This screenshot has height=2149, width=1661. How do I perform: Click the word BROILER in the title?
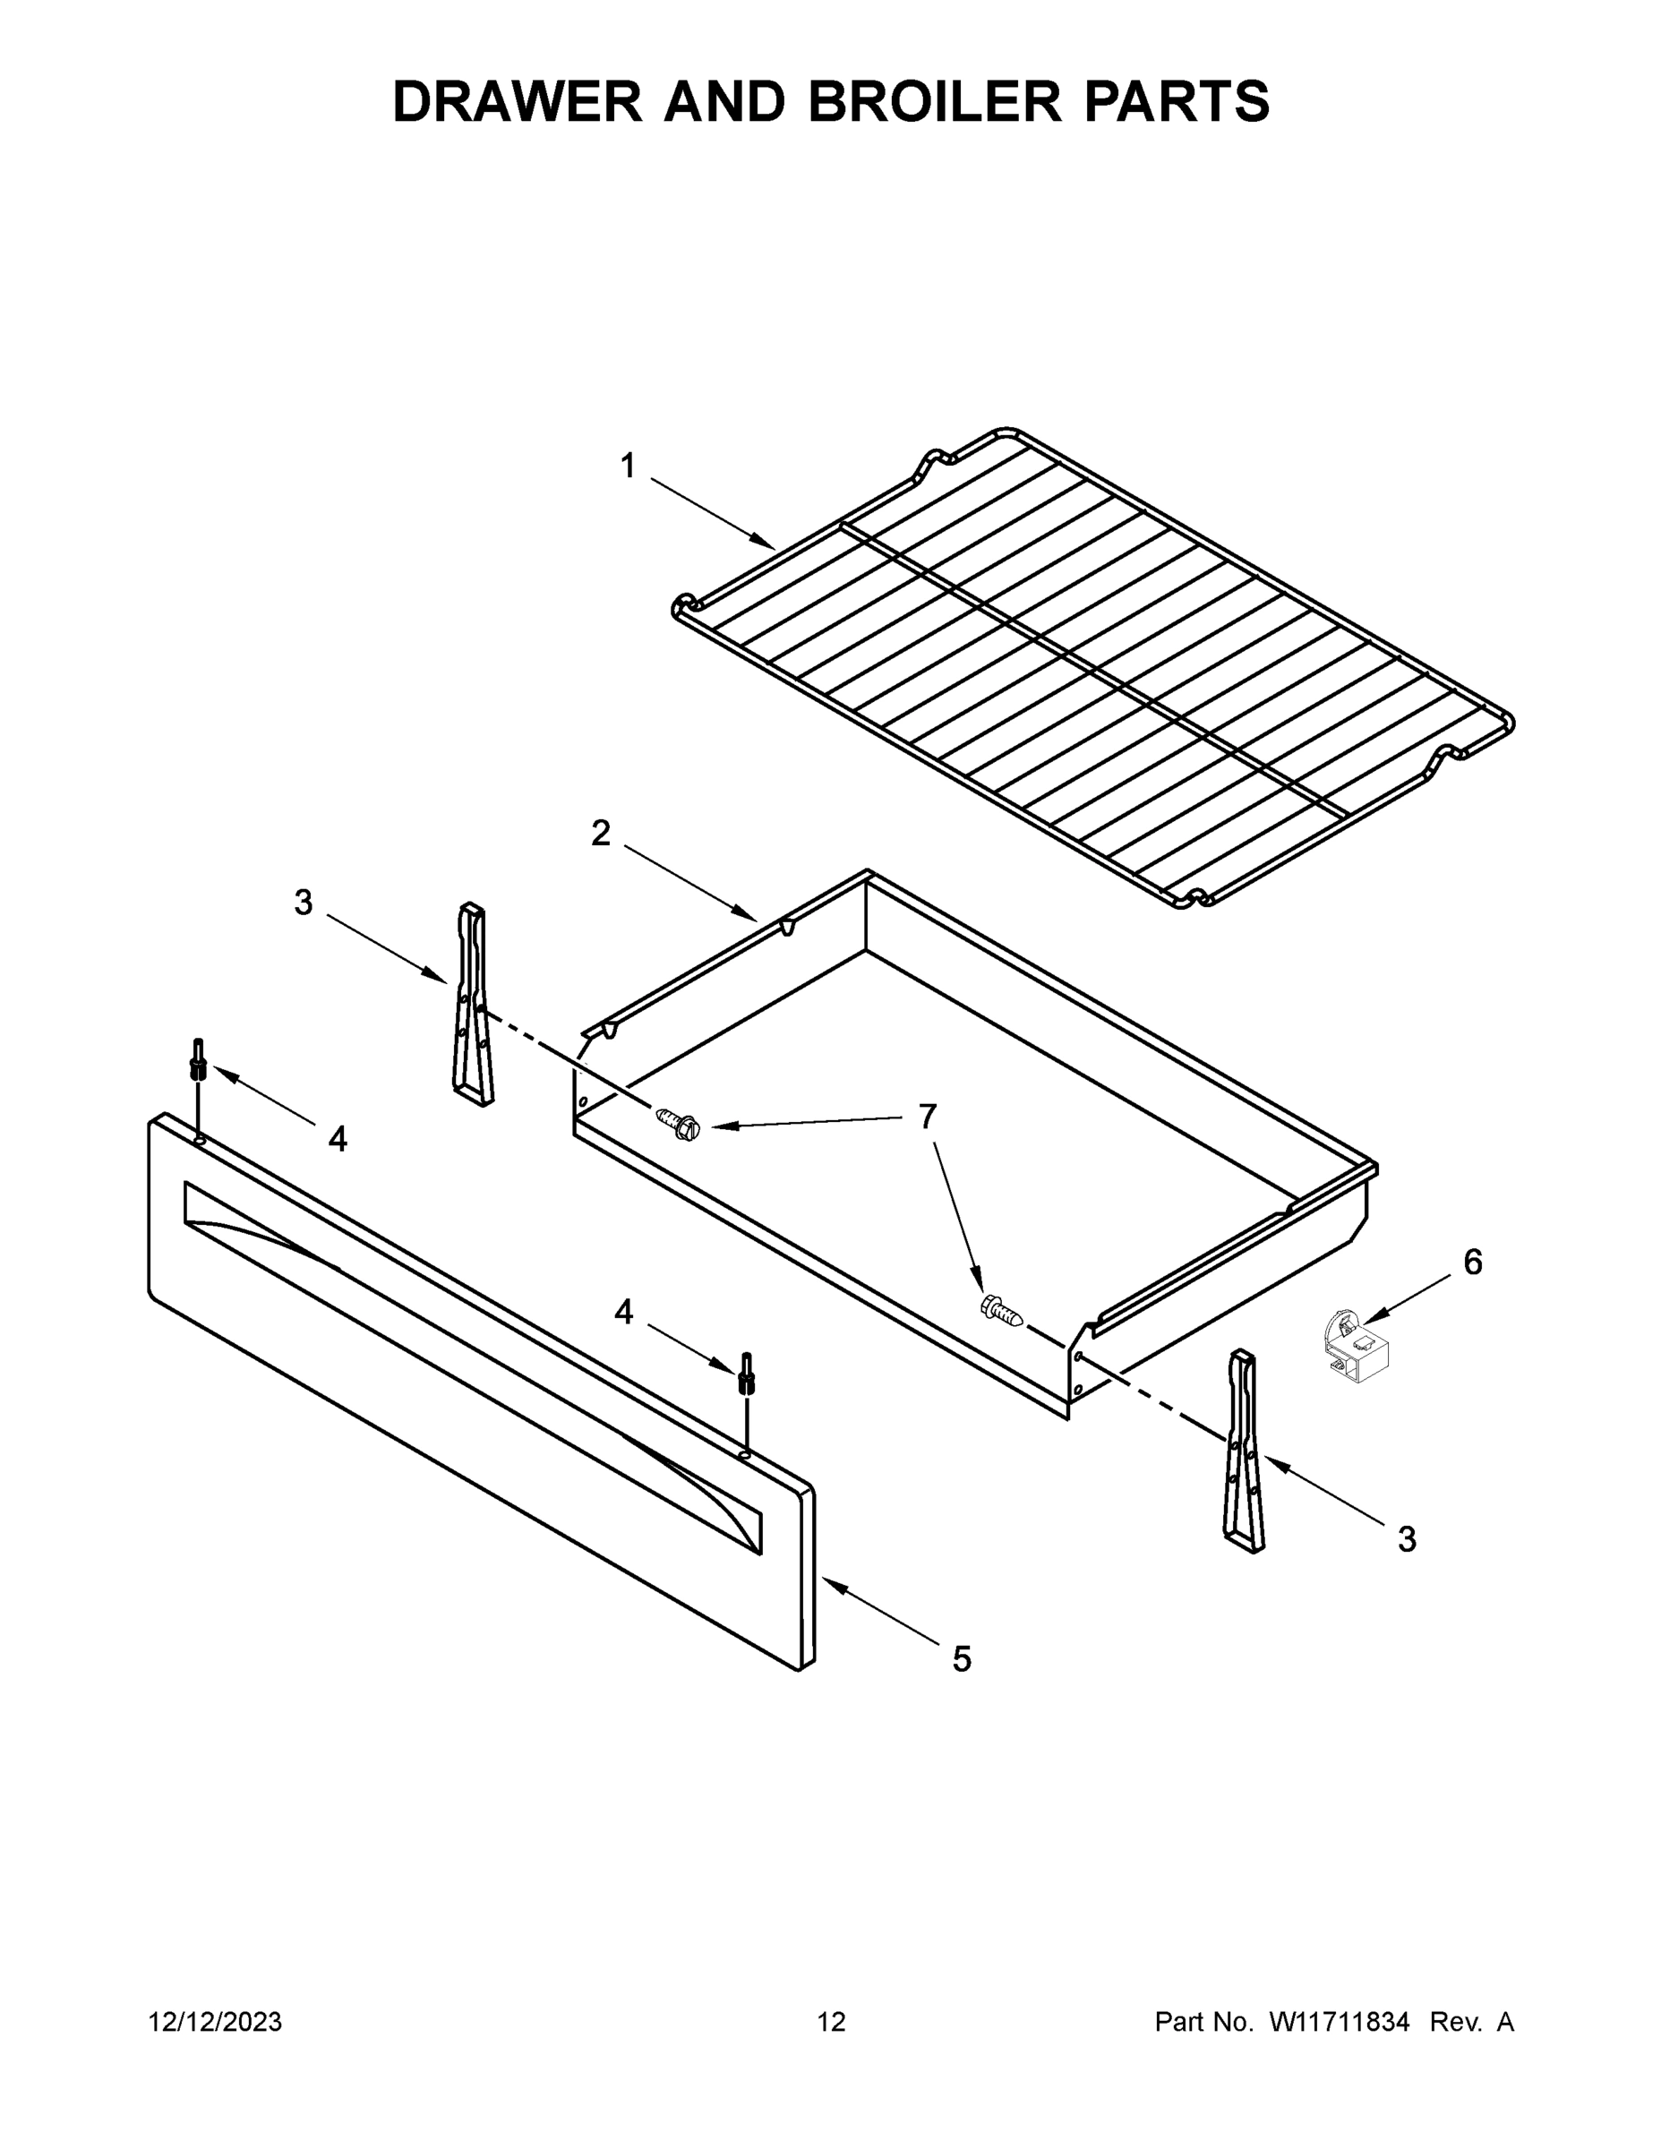[935, 101]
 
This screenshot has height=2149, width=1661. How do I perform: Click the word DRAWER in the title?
[518, 101]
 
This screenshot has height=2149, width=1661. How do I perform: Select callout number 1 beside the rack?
[628, 466]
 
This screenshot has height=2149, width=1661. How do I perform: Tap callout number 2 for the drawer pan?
[600, 834]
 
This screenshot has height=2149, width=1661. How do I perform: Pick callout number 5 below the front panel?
[962, 1659]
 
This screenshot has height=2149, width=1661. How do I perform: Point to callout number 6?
[1472, 1263]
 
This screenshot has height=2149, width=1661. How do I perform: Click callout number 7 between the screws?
[927, 1116]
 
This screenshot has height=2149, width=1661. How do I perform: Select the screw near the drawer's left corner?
[677, 1123]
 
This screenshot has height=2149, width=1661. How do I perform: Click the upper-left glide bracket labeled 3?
[471, 1004]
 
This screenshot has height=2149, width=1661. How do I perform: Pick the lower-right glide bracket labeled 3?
[1244, 1451]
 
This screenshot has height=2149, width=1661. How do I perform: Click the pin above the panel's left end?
[199, 1060]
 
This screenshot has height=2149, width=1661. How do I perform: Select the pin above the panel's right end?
[747, 1373]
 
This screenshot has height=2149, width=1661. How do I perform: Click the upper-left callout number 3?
[303, 903]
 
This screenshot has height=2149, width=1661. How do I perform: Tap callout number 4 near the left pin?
[337, 1140]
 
